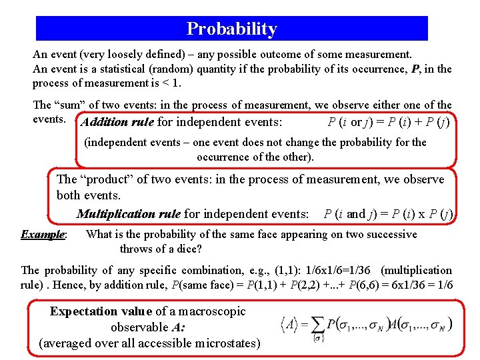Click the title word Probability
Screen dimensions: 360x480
[x=231, y=29]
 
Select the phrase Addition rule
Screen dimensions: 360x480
[x=117, y=122]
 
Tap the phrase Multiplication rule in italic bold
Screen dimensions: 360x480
[x=128, y=214]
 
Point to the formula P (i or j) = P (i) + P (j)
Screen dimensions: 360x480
[x=389, y=122]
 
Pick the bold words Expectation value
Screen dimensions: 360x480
[x=101, y=311]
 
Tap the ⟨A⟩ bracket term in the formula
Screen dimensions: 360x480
[x=291, y=325]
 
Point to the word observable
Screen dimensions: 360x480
[x=139, y=327]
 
